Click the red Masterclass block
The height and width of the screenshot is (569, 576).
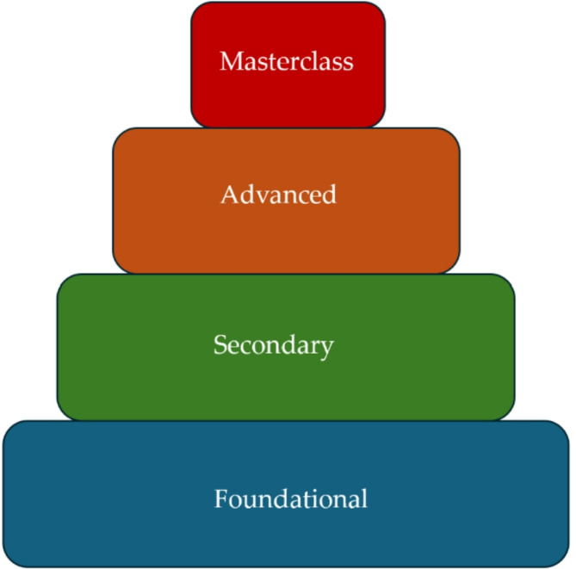288,95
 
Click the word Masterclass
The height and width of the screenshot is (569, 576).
287,61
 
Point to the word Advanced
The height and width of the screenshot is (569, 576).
278,195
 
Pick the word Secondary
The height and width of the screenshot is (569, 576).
273,345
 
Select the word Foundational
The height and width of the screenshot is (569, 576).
291,498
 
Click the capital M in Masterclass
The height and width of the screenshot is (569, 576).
230,61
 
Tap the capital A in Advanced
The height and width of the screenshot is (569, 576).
229,195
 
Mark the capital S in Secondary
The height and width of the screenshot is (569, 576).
220,345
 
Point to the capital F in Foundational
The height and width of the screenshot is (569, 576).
220,498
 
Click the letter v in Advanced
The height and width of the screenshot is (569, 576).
257,196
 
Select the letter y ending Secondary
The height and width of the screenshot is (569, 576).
326,349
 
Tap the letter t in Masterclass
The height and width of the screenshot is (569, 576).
267,62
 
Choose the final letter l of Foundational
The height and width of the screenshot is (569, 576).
363,498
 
